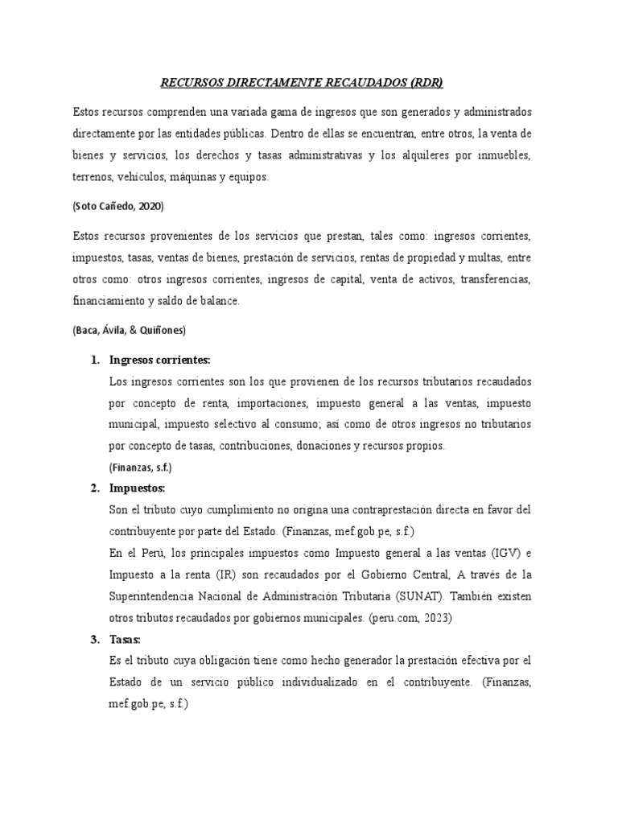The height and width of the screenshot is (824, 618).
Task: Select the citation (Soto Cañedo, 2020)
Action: [x=117, y=207]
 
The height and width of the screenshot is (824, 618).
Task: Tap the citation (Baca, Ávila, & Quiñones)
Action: [x=129, y=330]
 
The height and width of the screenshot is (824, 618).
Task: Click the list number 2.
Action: [x=94, y=488]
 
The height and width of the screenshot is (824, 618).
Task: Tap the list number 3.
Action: [x=94, y=640]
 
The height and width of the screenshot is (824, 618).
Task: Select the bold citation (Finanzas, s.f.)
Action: [x=140, y=467]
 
